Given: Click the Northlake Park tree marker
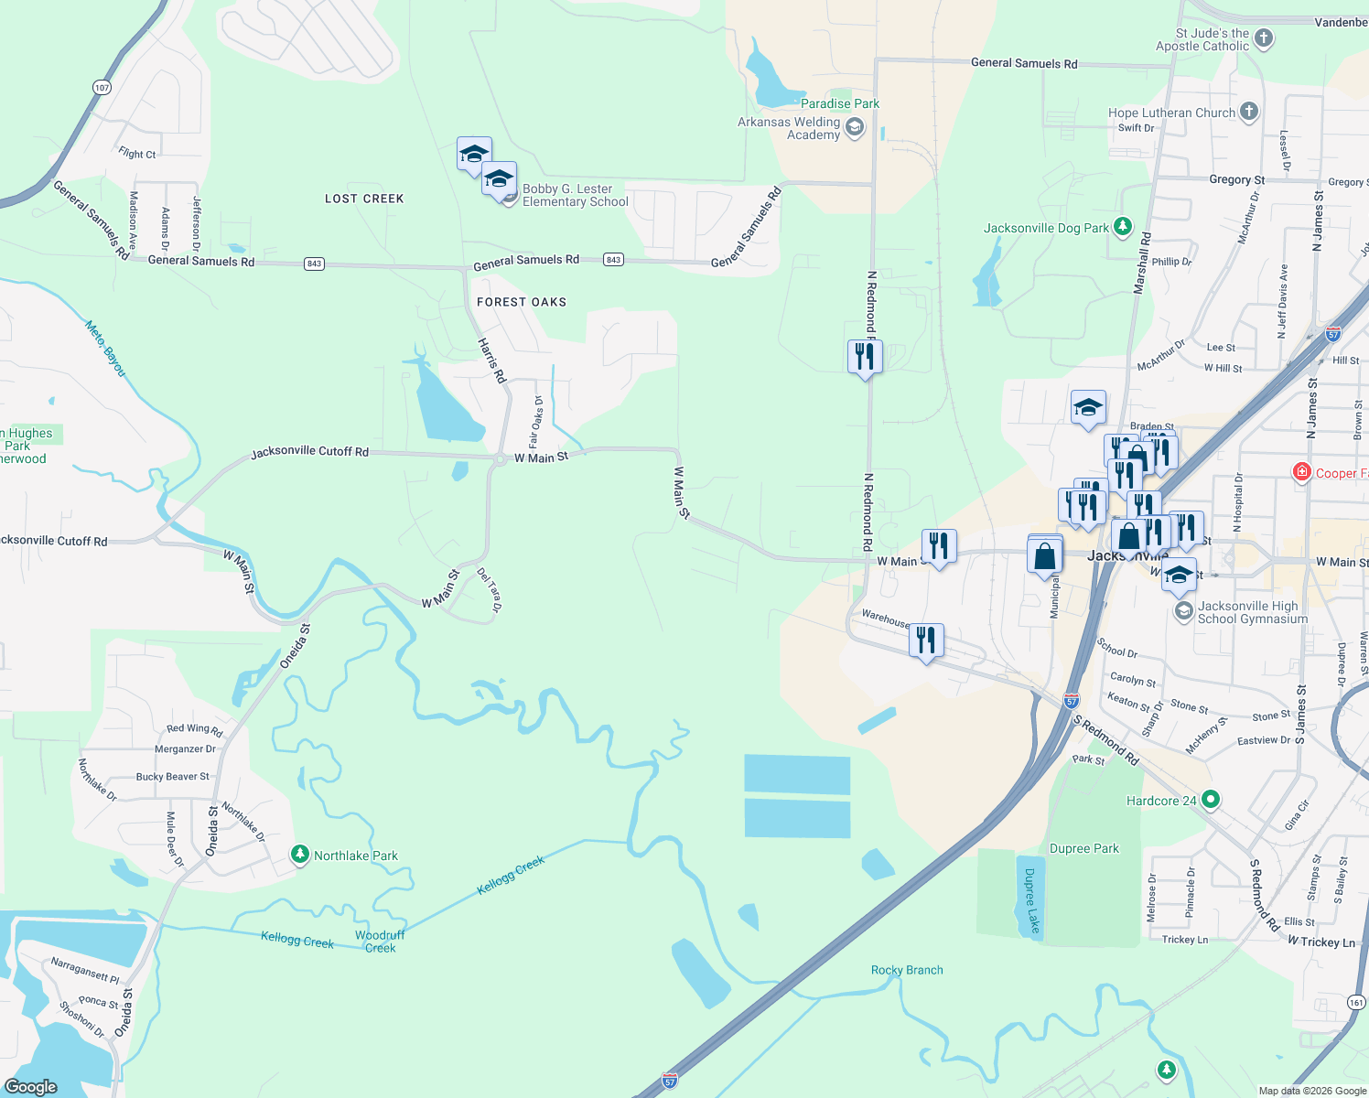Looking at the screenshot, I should click(x=299, y=855).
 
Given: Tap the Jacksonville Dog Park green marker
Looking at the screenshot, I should click(x=1123, y=227).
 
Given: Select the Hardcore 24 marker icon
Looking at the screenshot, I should click(x=1211, y=800).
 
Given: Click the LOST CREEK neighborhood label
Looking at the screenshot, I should click(x=364, y=199).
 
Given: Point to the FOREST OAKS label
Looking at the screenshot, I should click(x=522, y=302).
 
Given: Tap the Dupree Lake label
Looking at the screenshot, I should click(x=1030, y=900).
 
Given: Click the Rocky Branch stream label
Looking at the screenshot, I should click(x=907, y=970).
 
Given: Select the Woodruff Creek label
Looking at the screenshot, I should click(x=380, y=942).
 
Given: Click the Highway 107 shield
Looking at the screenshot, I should click(x=102, y=88).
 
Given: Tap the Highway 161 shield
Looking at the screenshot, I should click(x=1356, y=1002).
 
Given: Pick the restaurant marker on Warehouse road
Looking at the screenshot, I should click(x=926, y=640).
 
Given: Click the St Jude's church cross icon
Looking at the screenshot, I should click(x=1264, y=38).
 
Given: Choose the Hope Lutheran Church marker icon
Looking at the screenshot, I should click(x=1249, y=113).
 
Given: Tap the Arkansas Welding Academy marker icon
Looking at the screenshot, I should click(x=855, y=127).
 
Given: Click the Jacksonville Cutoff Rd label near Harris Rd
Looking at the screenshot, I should click(x=310, y=452).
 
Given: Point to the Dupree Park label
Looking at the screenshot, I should click(x=1084, y=848).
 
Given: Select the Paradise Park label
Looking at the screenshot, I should click(x=840, y=103).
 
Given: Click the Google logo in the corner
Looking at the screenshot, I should click(x=31, y=1086).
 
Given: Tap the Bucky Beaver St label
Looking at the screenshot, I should click(x=172, y=777).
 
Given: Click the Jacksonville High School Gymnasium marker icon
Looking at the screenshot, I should click(x=1183, y=611).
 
